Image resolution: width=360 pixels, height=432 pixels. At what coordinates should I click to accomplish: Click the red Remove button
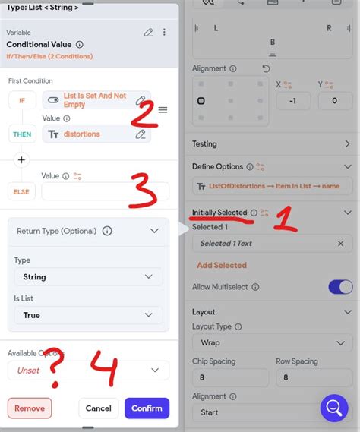[x=30, y=408]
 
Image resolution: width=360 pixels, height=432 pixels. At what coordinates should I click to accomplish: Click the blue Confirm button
[x=147, y=408]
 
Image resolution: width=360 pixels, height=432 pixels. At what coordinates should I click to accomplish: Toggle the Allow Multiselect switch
[x=340, y=286]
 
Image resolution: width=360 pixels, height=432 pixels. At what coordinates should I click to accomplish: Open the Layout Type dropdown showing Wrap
[x=273, y=342]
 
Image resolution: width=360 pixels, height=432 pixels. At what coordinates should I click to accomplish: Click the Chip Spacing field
[x=230, y=377]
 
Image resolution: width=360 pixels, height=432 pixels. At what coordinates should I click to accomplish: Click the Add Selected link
[x=222, y=265]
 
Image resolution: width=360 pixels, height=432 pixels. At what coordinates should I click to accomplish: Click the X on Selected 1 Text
[x=340, y=244]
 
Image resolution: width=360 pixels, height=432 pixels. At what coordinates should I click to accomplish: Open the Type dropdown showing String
[x=88, y=277]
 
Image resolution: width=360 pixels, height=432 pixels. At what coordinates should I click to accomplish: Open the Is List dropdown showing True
[x=88, y=314]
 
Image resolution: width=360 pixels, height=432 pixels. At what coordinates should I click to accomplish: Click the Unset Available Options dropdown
[x=88, y=371]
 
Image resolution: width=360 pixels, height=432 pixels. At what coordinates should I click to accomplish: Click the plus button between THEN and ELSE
[x=21, y=159]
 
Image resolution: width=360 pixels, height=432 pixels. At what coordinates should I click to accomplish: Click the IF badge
[x=21, y=100]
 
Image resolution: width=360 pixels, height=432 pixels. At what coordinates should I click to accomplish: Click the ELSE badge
[x=21, y=191]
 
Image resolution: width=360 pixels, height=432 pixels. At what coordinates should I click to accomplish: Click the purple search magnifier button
[x=333, y=408]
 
